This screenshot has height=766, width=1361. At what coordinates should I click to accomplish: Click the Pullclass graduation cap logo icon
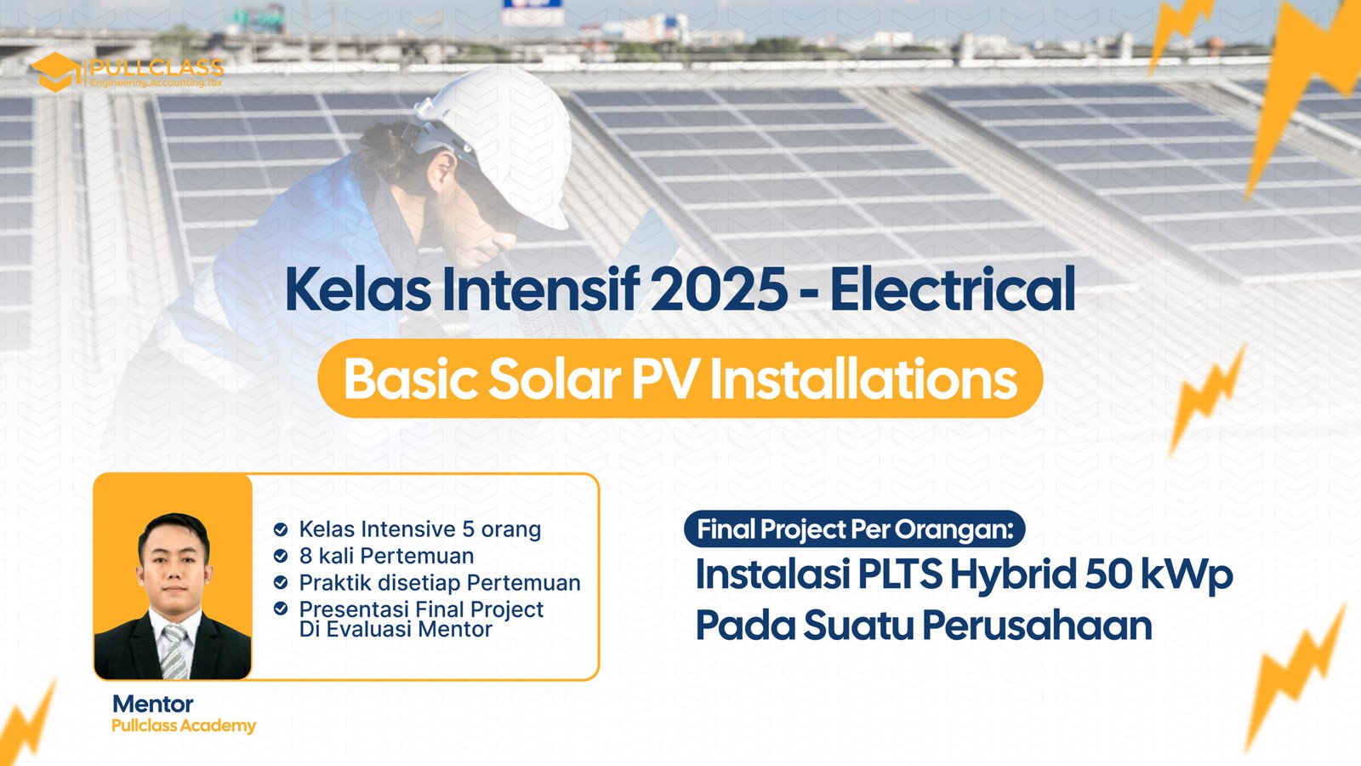coord(56,71)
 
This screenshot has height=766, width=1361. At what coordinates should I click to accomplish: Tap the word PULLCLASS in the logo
coord(157,67)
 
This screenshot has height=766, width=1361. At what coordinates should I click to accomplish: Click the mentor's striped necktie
coord(174,653)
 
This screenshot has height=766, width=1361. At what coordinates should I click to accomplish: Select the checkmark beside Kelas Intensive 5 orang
coord(281,529)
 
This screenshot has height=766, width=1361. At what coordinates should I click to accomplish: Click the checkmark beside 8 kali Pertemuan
coord(281,556)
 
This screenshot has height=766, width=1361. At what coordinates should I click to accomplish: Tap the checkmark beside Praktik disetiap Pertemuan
coord(281,582)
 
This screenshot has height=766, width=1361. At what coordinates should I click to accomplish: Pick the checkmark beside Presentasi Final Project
coord(281,609)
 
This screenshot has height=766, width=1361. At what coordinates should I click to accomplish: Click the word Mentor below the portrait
coord(153,704)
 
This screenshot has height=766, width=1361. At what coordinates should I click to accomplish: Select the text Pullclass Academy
coord(184,726)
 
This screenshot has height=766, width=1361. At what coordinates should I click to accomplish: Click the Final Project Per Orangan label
coord(855,529)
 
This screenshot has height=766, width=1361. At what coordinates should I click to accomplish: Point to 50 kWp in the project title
coord(1159,575)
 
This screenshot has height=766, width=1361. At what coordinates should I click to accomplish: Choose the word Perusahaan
coord(1038,626)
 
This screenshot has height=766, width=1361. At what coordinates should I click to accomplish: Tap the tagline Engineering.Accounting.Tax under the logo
coord(157,83)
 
